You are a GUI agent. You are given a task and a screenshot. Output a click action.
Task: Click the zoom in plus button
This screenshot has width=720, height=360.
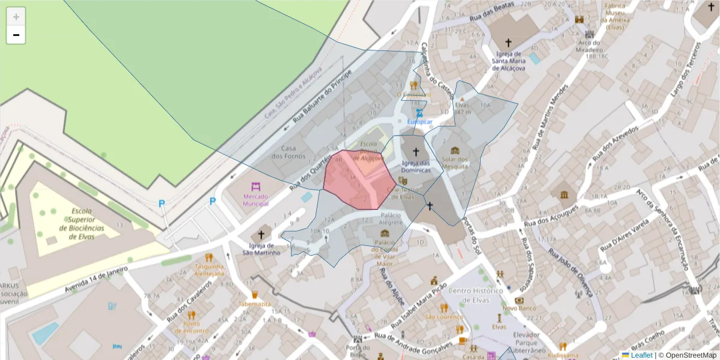click(x=16, y=16)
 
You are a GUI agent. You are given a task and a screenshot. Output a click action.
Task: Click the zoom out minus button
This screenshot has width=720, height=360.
click(x=16, y=35)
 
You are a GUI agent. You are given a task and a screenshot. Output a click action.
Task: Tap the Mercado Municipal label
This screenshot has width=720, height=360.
click(x=256, y=200)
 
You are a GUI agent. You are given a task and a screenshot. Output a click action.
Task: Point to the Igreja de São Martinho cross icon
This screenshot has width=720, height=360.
click(x=261, y=234)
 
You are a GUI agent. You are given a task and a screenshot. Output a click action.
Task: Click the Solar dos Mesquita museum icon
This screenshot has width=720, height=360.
click(x=455, y=150)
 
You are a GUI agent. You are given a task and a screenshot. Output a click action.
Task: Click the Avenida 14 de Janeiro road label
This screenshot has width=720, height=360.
click(x=96, y=280)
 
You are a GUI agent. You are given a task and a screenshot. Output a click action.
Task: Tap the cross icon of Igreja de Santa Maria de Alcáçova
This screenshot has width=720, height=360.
click(x=509, y=43)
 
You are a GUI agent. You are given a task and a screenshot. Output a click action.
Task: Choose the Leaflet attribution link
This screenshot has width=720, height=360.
click(x=641, y=355)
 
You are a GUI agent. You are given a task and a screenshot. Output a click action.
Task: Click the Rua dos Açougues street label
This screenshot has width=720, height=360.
click(x=551, y=217)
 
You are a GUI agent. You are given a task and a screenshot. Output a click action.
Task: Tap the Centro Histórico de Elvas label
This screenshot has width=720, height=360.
click(x=475, y=295)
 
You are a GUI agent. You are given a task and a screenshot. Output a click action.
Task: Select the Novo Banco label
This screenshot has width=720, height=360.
click(x=518, y=308)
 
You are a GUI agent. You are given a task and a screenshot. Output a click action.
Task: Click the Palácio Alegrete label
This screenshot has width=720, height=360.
click(x=391, y=218)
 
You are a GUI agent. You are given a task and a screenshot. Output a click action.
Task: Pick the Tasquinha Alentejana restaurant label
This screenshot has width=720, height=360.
click(x=209, y=269)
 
